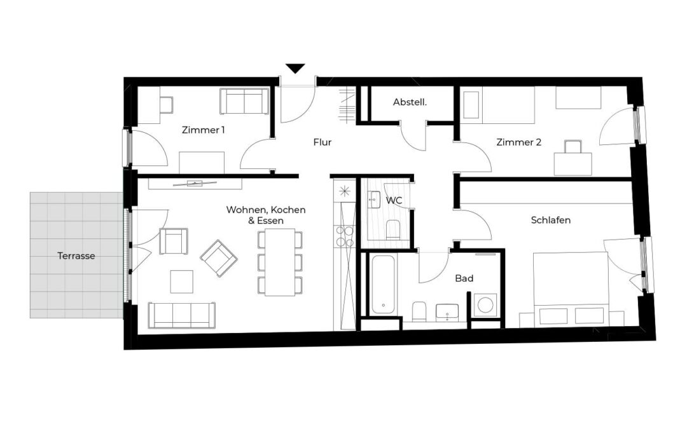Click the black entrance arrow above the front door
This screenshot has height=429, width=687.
295,69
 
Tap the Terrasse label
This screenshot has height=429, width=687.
76,255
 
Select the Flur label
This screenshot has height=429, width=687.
323,142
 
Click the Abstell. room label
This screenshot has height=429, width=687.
410,102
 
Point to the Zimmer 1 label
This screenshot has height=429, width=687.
204,130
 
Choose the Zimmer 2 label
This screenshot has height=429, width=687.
519,142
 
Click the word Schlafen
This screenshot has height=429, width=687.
551,220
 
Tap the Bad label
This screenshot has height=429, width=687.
464,278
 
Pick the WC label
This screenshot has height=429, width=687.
394,200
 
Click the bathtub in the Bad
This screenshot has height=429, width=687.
383,285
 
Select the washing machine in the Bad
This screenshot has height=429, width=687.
485,304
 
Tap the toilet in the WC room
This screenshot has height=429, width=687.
393,229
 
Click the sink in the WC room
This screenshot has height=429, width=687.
374,200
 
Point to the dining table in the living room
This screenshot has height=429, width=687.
280,262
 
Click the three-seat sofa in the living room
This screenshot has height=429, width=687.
182,315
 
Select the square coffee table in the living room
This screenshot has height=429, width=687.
182,282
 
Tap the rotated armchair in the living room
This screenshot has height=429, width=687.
219,258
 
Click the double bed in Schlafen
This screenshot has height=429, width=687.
571,289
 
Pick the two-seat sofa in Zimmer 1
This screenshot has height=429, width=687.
244,102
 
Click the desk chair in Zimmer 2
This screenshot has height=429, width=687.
572,147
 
